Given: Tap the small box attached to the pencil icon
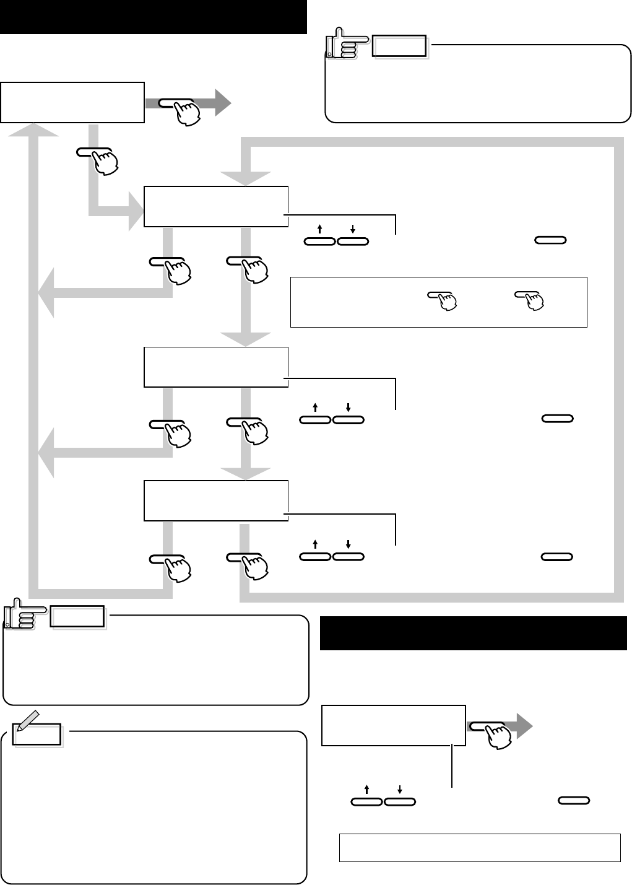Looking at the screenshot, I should (38, 735).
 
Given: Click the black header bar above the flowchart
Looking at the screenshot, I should (154, 17).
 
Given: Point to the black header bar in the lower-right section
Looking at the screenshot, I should (473, 633).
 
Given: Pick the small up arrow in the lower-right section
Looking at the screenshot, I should (367, 789).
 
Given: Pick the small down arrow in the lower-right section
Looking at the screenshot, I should (400, 789).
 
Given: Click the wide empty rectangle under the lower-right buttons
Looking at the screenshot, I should (480, 847).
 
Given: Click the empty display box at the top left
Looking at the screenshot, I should (72, 102).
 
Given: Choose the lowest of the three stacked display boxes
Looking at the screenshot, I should (216, 500).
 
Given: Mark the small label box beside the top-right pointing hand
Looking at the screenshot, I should (399, 47).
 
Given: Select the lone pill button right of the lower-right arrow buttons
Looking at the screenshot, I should (574, 801).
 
